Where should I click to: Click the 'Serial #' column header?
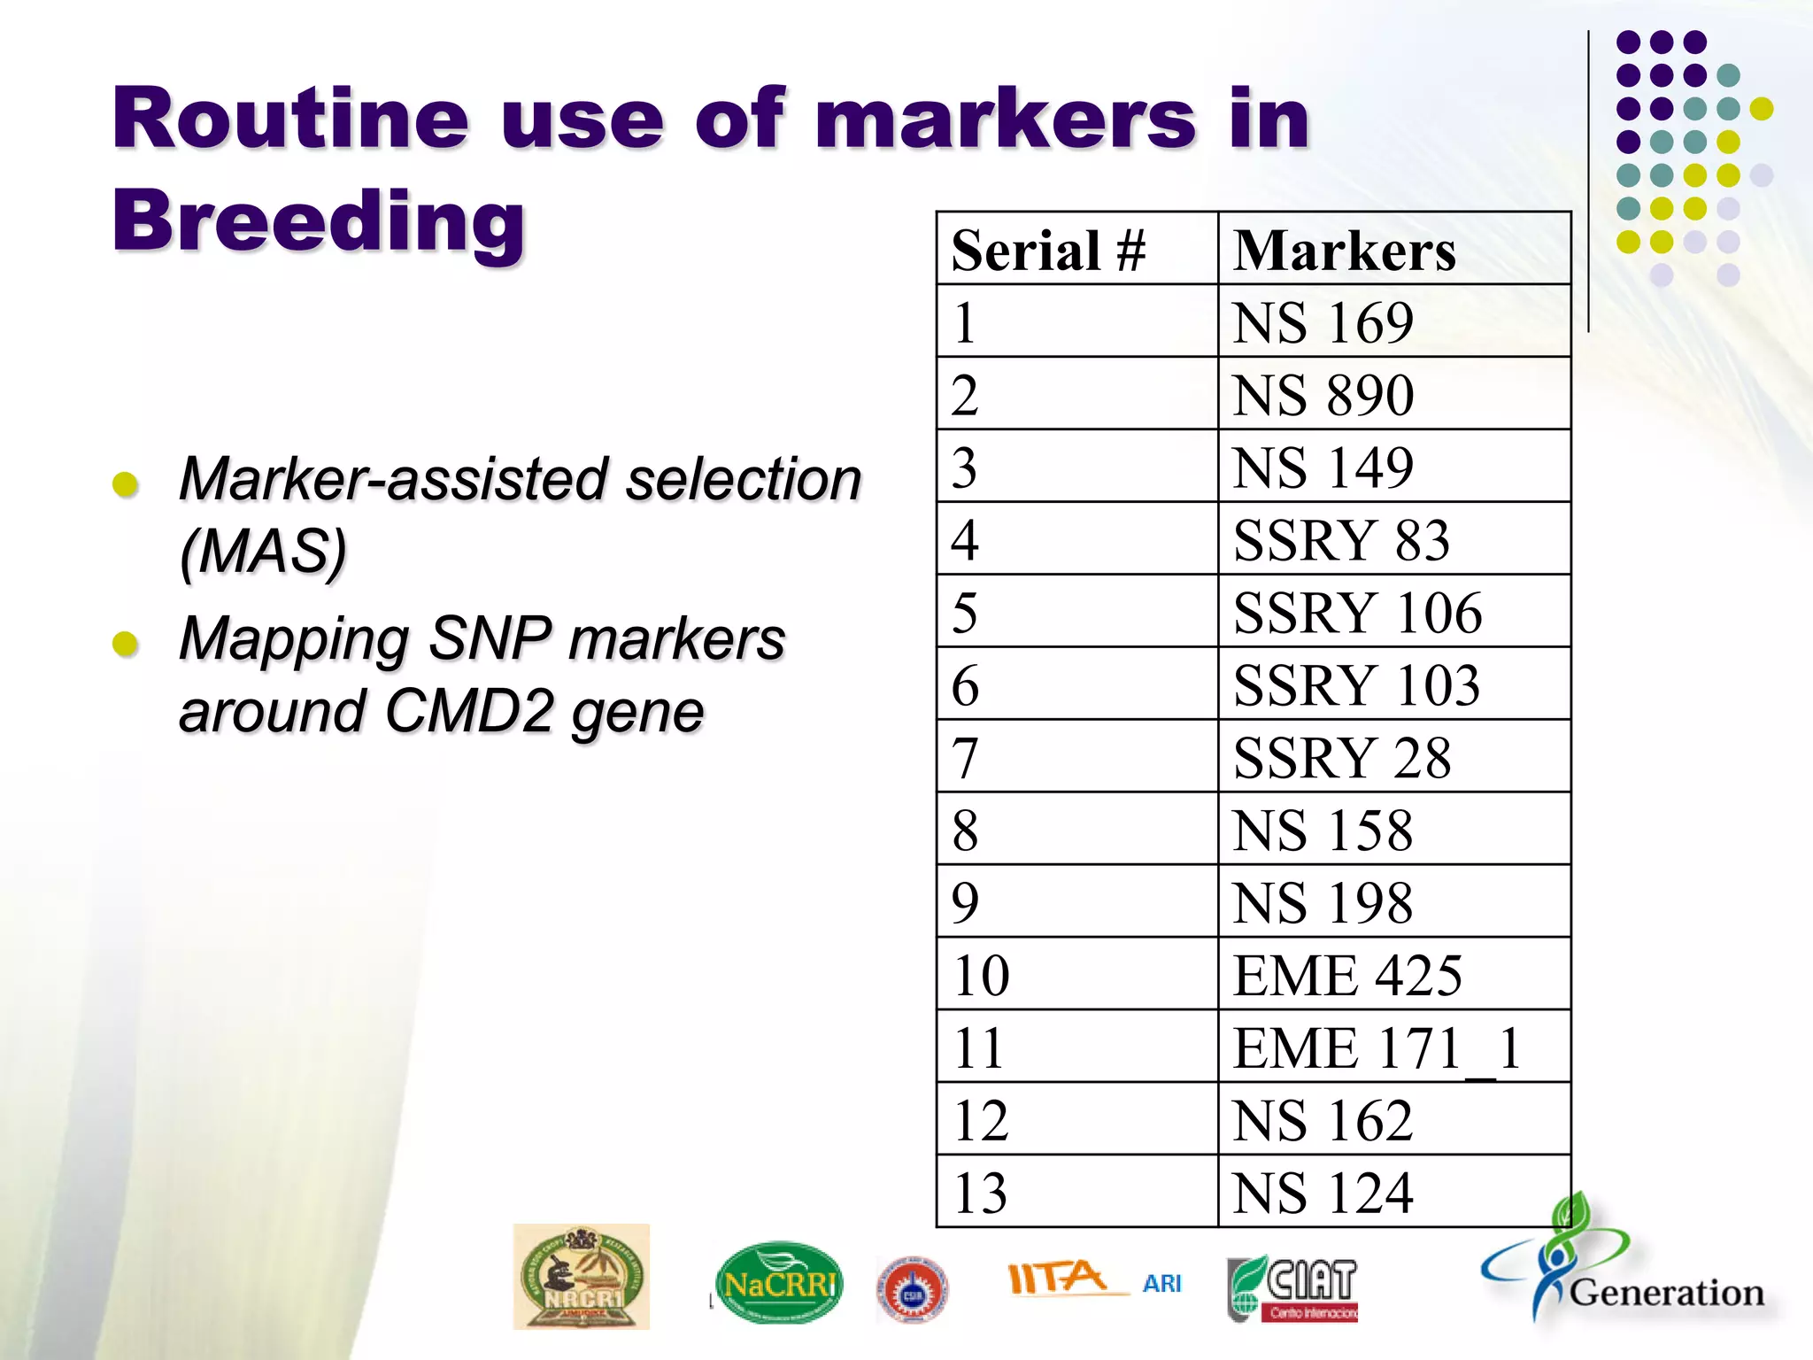[x=1048, y=251]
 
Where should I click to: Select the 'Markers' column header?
[x=1345, y=251]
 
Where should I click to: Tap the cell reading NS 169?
[x=1323, y=322]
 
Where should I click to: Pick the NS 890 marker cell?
[x=1323, y=395]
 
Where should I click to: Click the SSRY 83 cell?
[x=1341, y=540]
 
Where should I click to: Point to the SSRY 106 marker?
[x=1357, y=613]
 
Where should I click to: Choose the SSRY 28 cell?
[x=1342, y=758]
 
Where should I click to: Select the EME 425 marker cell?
[x=1347, y=976]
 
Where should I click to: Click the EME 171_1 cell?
[x=1377, y=1048]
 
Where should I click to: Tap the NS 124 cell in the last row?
[x=1323, y=1193]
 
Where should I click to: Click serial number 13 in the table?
[x=980, y=1193]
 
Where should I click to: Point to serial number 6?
[x=966, y=685]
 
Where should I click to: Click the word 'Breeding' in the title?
[x=319, y=221]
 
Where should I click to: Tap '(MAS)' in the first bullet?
[x=263, y=552]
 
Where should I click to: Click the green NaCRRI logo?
[x=779, y=1283]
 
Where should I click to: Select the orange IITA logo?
[x=1058, y=1279]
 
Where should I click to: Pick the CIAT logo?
[x=1293, y=1287]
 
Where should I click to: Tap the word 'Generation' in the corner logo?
[x=1666, y=1294]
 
